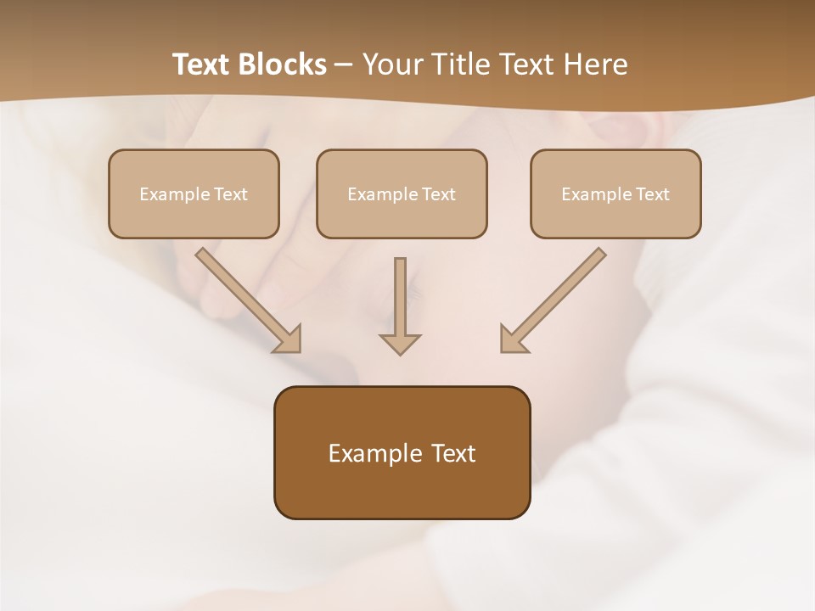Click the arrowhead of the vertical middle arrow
pos(400,343)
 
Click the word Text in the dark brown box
pos(453,453)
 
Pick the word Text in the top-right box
pos(653,194)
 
